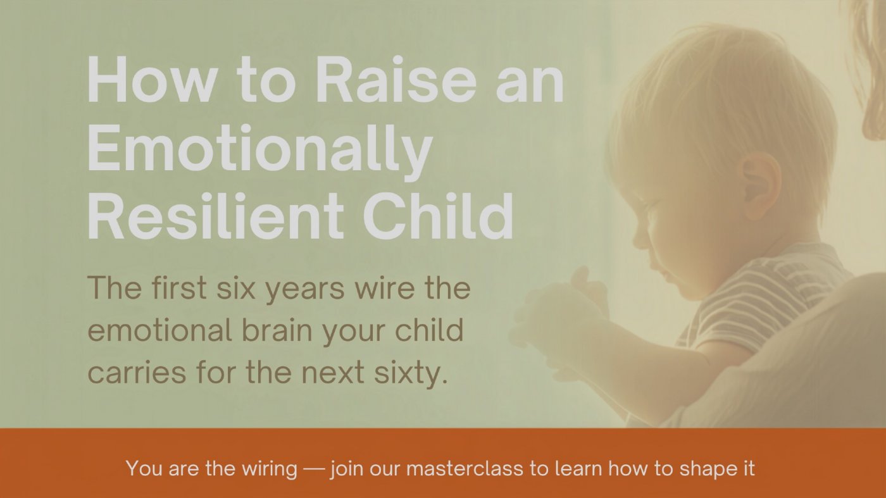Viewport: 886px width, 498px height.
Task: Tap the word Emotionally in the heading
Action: (259, 153)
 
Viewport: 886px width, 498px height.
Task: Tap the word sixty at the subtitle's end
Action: (411, 373)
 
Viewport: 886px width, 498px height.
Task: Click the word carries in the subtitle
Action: (137, 372)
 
